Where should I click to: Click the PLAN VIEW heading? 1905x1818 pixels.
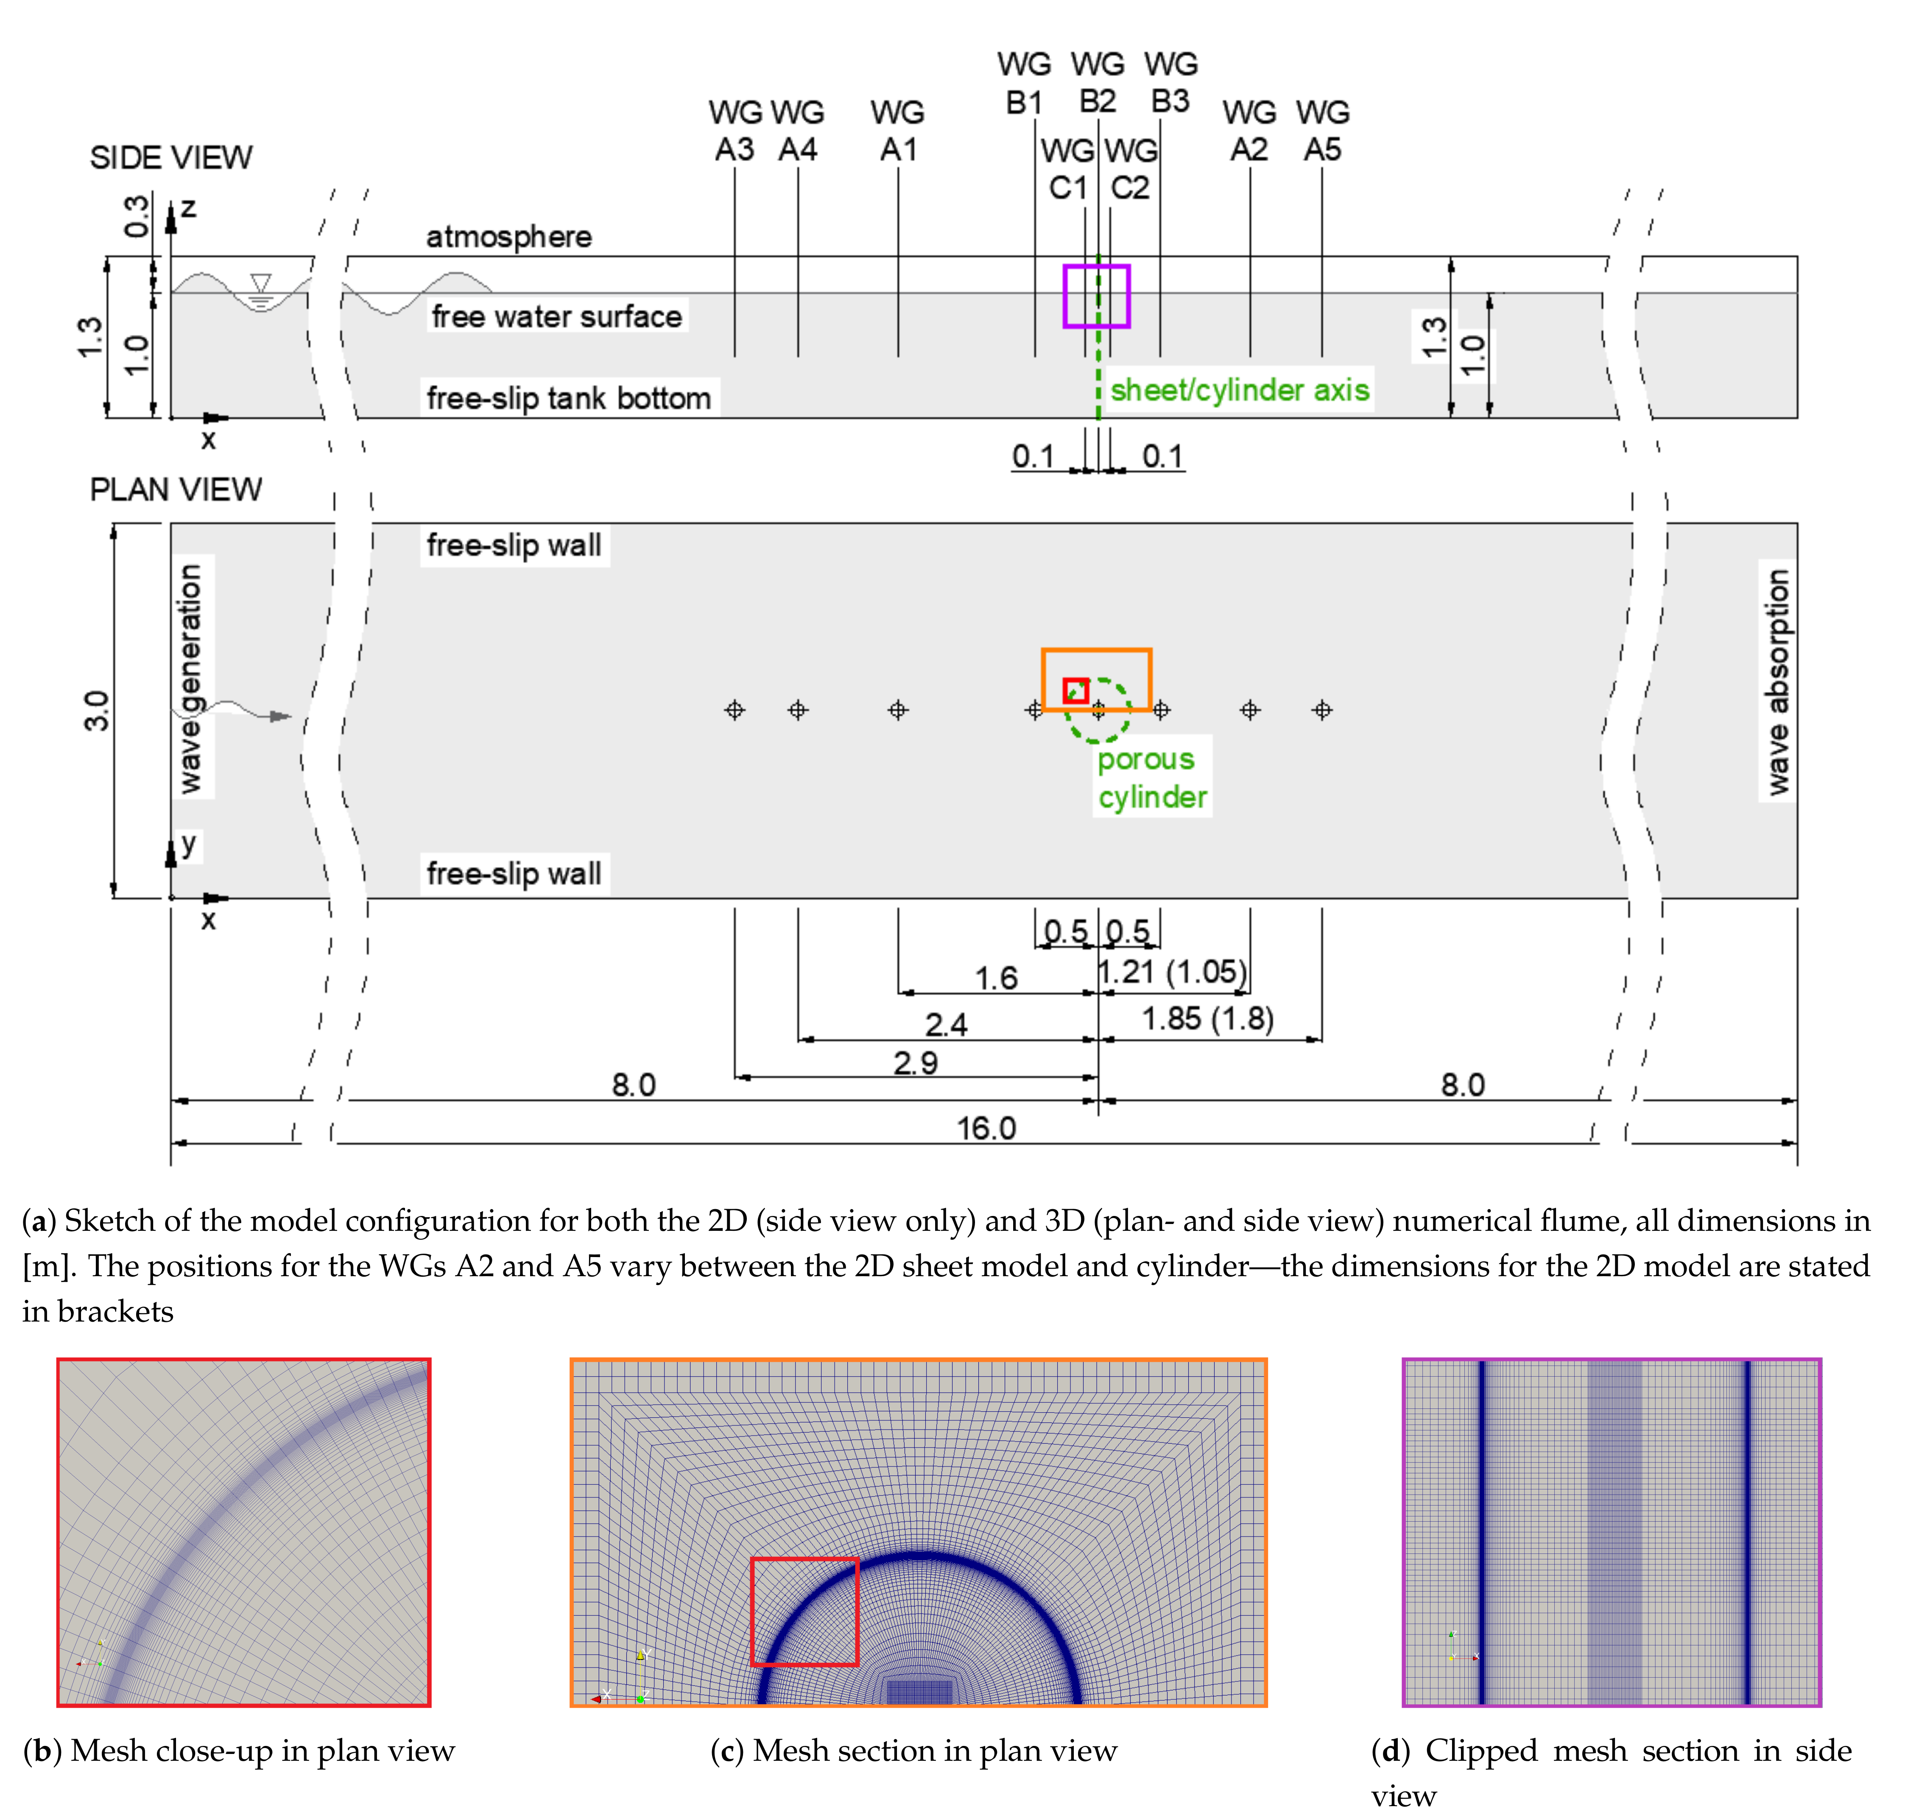click(x=176, y=489)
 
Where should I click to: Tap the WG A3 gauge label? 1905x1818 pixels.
click(x=735, y=131)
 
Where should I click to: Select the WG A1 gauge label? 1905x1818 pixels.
click(x=898, y=131)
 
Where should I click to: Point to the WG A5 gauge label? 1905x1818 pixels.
click(x=1322, y=131)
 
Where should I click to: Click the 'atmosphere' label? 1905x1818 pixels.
click(x=509, y=237)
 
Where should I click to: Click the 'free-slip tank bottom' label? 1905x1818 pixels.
click(x=569, y=397)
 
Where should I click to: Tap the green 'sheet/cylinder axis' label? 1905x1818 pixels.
click(x=1239, y=390)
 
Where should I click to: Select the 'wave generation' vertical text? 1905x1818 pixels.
click(x=191, y=678)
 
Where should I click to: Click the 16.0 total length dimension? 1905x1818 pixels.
click(x=986, y=1128)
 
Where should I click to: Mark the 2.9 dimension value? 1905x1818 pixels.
click(x=915, y=1063)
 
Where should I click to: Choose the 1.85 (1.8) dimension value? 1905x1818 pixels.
click(x=1207, y=1018)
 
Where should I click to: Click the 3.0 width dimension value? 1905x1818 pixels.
click(x=96, y=710)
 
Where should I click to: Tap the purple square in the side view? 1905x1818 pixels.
click(x=1096, y=296)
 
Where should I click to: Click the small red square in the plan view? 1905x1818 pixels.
click(x=1075, y=690)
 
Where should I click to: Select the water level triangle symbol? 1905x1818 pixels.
click(x=260, y=283)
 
